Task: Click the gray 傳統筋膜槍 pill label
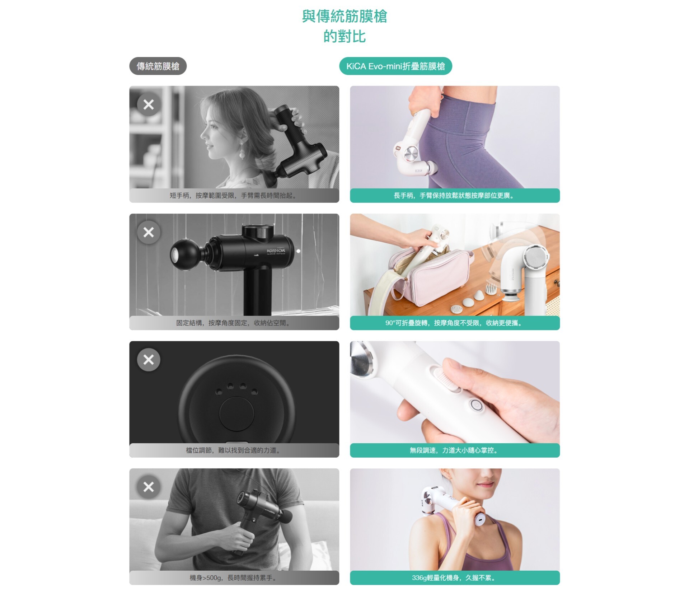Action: (158, 66)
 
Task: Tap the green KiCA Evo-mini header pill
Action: (395, 66)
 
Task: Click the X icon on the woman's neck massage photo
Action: (149, 104)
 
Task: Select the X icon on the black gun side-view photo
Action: (149, 232)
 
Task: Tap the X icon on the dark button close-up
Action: (149, 359)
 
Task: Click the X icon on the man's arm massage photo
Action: (149, 487)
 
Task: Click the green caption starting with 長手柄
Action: (455, 196)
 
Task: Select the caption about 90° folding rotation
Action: (455, 323)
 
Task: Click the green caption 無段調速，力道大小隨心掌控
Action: (455, 450)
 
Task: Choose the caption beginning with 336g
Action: (455, 577)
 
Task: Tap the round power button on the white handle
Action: (475, 405)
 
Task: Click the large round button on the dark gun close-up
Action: (236, 414)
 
